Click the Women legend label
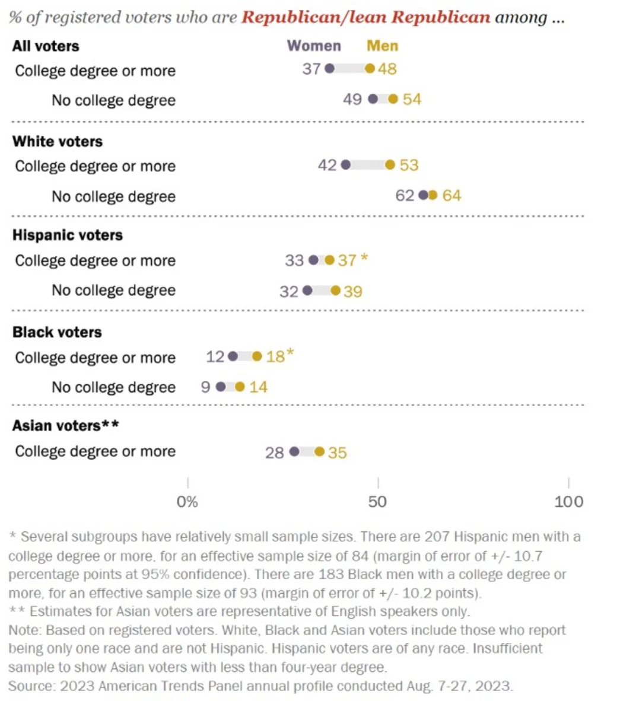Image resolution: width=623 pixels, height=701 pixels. pyautogui.click(x=314, y=46)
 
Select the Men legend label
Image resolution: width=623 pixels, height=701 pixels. pyautogui.click(x=382, y=46)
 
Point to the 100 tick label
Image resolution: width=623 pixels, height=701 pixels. pyautogui.click(x=568, y=502)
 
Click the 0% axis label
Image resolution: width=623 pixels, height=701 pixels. pyautogui.click(x=187, y=502)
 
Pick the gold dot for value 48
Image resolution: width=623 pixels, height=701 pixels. pyautogui.click(x=370, y=69)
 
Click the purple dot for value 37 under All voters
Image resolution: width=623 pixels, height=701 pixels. pyautogui.click(x=330, y=69)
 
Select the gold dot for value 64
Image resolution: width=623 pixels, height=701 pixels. pyautogui.click(x=433, y=195)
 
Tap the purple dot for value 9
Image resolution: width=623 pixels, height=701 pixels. pyautogui.click(x=221, y=387)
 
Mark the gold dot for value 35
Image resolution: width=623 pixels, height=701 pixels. pyautogui.click(x=319, y=452)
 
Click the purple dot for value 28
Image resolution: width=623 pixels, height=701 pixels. pyautogui.click(x=294, y=452)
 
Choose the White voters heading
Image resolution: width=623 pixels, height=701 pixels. pyautogui.click(x=58, y=142)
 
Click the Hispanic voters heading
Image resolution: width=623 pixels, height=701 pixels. pyautogui.click(x=68, y=235)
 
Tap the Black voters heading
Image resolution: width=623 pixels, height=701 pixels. pyautogui.click(x=57, y=332)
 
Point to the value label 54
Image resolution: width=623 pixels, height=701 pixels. pyautogui.click(x=412, y=99)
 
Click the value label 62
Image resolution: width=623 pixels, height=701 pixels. pyautogui.click(x=405, y=196)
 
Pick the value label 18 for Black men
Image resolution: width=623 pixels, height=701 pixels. pyautogui.click(x=275, y=357)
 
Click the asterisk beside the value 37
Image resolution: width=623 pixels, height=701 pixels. pyautogui.click(x=364, y=258)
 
